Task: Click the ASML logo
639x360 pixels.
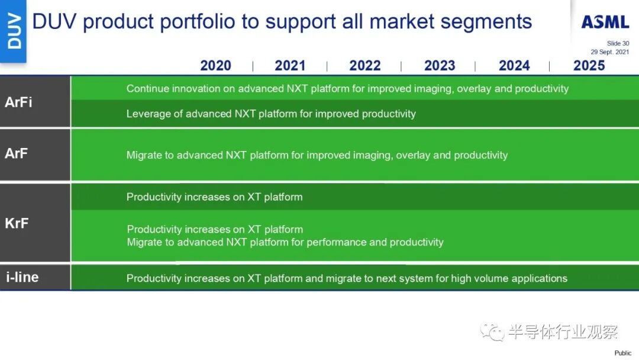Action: [x=605, y=21]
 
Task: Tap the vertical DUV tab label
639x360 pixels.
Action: [x=14, y=31]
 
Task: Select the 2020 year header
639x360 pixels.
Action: [x=215, y=66]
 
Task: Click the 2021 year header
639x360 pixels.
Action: [x=290, y=66]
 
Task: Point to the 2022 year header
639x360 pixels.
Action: [x=364, y=66]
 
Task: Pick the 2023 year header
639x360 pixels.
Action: [x=439, y=66]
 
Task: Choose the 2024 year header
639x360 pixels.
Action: [x=514, y=66]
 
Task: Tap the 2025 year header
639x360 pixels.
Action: [x=589, y=66]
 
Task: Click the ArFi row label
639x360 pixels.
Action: [x=18, y=102]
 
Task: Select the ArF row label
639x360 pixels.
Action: [x=17, y=153]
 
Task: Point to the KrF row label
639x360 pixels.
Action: [x=17, y=223]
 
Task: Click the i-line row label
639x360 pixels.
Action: [x=22, y=277]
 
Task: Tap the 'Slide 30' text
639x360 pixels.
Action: [x=618, y=43]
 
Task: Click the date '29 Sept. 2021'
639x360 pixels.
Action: [x=609, y=52]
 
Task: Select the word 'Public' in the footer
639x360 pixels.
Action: [x=622, y=353]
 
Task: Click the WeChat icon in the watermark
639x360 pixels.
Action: [x=492, y=332]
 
